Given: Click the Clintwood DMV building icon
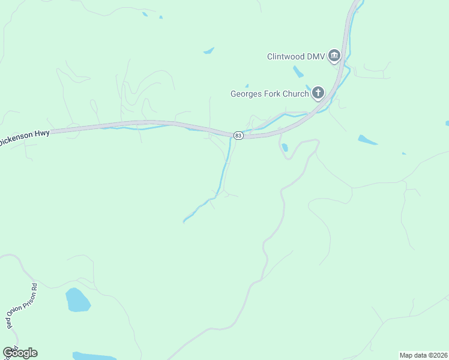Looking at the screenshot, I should tap(334, 57).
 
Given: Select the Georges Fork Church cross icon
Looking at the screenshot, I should tap(318, 93).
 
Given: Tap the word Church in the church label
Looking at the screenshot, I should tap(295, 94).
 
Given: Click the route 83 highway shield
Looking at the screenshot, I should tap(238, 136).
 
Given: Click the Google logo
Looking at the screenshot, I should tap(20, 353).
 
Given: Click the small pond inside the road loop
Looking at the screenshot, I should tap(285, 147).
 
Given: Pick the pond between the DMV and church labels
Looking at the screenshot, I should tap(298, 72).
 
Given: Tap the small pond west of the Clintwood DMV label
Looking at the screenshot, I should tap(209, 50).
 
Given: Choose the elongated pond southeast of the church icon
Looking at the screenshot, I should tap(367, 140).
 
